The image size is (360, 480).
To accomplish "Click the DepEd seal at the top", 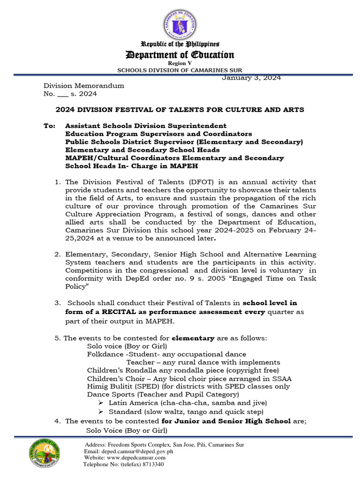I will point(180,24).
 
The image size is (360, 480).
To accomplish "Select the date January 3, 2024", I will point(251,78).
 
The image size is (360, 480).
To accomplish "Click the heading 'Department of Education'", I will point(180,55).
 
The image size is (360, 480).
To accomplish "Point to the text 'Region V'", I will point(180,63).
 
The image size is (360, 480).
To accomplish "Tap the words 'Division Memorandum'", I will point(84,86).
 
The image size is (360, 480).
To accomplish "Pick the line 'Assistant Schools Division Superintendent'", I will point(146,126).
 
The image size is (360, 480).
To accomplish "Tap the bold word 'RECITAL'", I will point(109,312).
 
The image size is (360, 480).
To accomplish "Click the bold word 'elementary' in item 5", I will point(193,337).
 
